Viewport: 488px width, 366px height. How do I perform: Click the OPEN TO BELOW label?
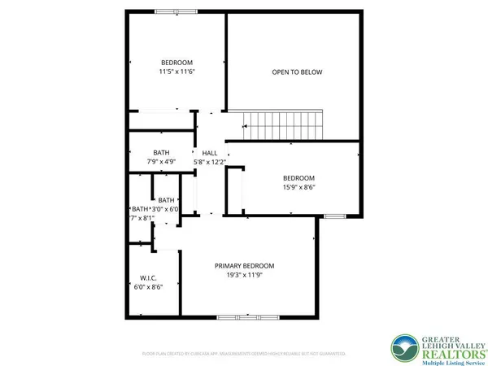297,72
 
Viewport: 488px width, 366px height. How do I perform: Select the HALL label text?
210,153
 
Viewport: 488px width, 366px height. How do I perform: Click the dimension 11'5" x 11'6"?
176,72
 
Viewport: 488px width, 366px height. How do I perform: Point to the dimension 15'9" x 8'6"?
298,187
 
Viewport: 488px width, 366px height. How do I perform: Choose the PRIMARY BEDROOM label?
244,266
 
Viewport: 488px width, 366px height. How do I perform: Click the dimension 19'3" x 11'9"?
244,276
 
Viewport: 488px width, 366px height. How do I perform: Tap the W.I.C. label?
147,277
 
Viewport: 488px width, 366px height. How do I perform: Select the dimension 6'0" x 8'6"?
147,286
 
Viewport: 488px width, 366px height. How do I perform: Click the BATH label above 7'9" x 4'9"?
161,153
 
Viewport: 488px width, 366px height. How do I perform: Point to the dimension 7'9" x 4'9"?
161,162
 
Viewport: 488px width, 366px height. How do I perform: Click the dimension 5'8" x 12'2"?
210,162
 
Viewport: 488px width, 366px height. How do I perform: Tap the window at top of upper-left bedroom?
176,11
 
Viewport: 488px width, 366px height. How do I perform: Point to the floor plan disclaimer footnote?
244,354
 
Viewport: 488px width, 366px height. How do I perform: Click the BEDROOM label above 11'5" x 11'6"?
176,63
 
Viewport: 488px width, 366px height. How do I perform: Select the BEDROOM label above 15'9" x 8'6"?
298,178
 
